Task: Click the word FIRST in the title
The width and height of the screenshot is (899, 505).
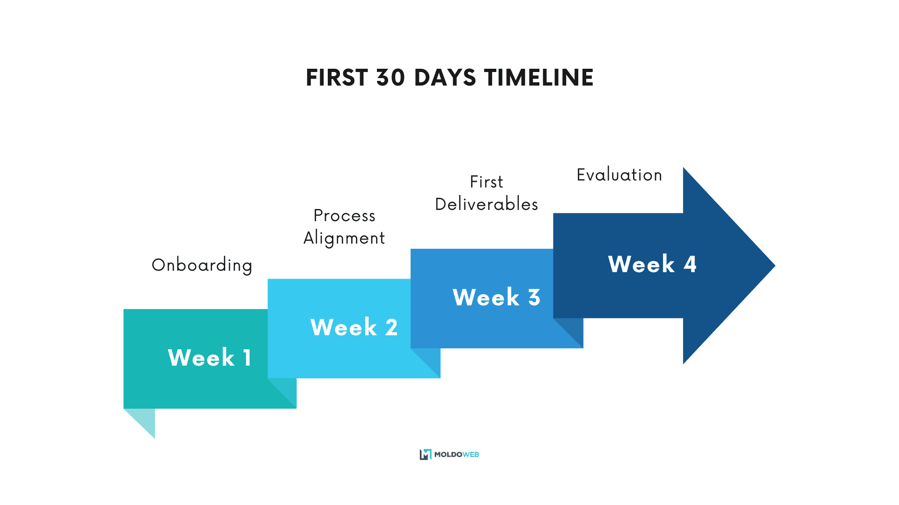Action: coord(337,78)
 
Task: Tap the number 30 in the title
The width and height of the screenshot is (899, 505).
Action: coord(391,78)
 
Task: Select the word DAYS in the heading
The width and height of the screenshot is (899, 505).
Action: coord(445,78)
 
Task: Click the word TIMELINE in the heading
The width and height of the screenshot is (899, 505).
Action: coord(538,78)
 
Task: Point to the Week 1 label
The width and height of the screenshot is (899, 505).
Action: coord(210,358)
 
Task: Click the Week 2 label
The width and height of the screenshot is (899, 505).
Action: coord(354,327)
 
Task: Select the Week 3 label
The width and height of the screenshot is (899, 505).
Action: coord(496,297)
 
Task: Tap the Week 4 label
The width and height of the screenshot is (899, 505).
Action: coord(652,264)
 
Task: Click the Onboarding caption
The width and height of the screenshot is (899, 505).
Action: coord(202,265)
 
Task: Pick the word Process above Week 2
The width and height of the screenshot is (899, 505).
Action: coord(344,216)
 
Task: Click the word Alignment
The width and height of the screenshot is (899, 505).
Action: coord(344,238)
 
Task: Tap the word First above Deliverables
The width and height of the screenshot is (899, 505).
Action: coord(486,182)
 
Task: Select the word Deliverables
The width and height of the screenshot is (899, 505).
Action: coord(486,204)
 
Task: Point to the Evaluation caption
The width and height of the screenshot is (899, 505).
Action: coord(619,175)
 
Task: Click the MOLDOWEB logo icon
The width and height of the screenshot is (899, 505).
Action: coord(425,454)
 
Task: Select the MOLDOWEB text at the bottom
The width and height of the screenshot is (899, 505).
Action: coord(457,454)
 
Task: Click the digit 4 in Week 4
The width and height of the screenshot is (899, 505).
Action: coord(690,264)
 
